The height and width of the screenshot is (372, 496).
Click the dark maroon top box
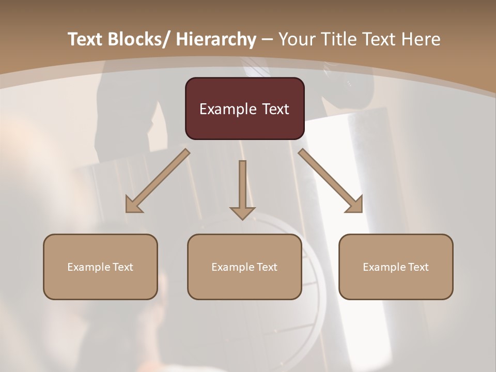tap(244, 109)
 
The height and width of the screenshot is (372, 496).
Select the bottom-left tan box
tap(100, 267)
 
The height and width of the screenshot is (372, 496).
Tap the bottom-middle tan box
tap(244, 267)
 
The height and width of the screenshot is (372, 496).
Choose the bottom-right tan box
tap(396, 267)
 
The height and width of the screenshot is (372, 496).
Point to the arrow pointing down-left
tap(158, 181)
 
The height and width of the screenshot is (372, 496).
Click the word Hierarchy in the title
tap(216, 39)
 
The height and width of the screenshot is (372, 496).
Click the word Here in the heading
tap(422, 39)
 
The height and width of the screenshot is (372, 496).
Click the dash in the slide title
tap(267, 40)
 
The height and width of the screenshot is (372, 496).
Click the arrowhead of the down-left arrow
tap(133, 205)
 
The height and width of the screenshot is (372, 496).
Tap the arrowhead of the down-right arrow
tap(355, 205)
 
